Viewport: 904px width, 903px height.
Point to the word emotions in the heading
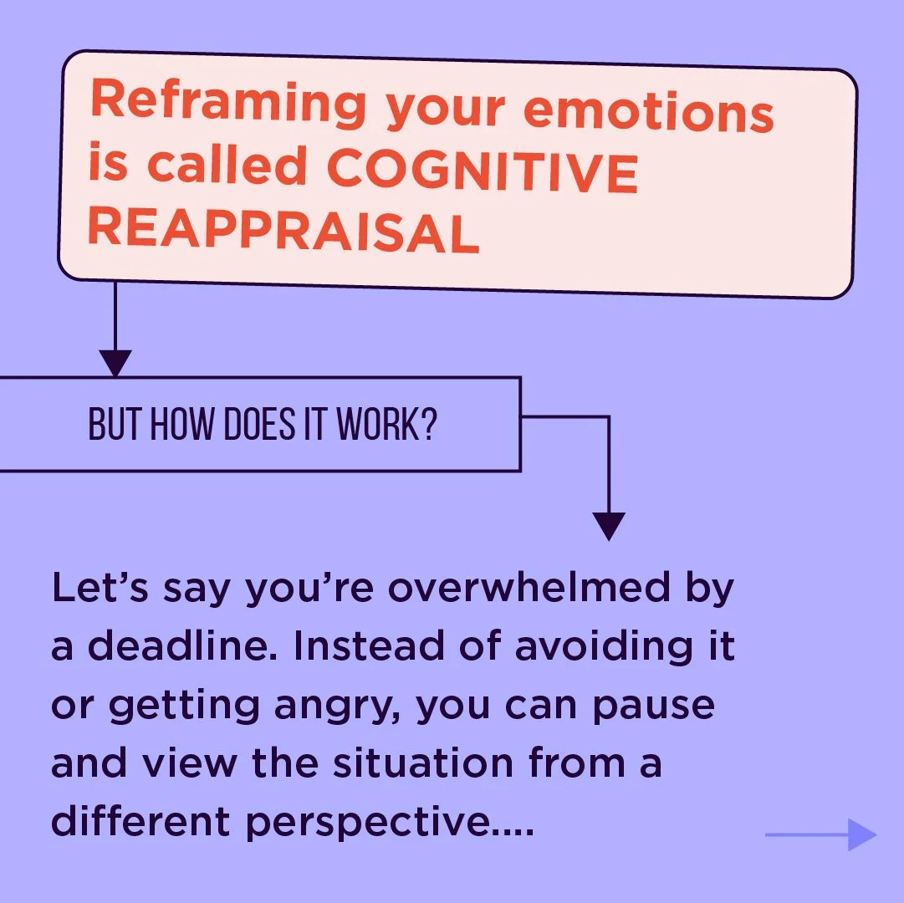(x=648, y=113)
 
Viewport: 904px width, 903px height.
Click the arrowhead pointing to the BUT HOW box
(x=115, y=363)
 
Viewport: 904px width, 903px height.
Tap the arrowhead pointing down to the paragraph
(x=608, y=526)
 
